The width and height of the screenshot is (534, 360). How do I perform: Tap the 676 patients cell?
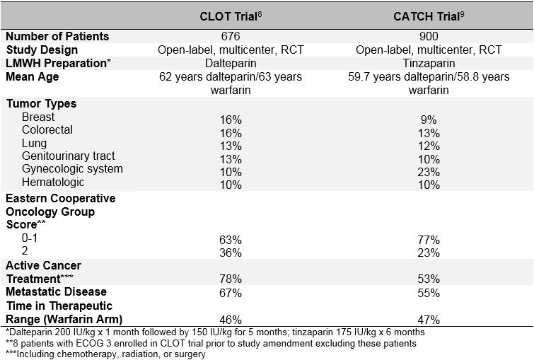click(x=231, y=37)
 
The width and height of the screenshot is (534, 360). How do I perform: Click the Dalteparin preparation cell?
click(x=231, y=64)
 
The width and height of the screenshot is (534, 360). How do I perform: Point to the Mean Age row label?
click(x=33, y=77)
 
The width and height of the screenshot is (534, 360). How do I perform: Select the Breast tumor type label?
click(x=38, y=117)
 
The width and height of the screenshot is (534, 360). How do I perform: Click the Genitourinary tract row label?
click(x=68, y=156)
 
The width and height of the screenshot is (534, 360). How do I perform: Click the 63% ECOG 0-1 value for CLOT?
click(x=231, y=240)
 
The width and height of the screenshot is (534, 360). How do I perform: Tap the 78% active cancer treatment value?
click(x=231, y=279)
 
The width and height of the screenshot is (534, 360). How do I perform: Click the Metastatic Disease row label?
click(x=57, y=291)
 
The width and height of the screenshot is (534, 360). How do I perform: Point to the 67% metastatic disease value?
click(x=231, y=292)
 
